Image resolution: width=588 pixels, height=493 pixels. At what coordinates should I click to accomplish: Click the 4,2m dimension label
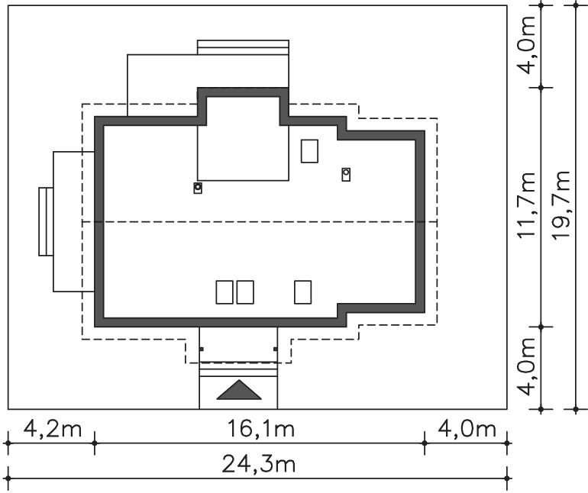(x=53, y=429)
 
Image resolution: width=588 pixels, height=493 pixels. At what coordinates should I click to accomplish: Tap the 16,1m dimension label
(x=261, y=429)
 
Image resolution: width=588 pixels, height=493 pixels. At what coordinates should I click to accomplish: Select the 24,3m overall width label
(x=259, y=464)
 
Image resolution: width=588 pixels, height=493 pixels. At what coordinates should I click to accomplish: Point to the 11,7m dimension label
(x=525, y=205)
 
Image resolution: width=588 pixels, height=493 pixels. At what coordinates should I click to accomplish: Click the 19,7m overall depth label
(x=561, y=205)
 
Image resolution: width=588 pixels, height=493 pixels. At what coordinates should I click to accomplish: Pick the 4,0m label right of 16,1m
(x=467, y=429)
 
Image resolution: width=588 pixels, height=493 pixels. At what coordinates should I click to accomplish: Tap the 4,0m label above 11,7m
(x=525, y=45)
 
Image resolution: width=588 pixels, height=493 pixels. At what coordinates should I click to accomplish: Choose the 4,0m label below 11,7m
(x=525, y=366)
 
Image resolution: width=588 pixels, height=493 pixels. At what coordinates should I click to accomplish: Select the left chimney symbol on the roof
(x=198, y=188)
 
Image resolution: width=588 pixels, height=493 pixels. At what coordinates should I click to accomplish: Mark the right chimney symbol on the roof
(x=346, y=174)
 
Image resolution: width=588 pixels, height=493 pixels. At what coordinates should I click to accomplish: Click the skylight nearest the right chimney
(x=309, y=151)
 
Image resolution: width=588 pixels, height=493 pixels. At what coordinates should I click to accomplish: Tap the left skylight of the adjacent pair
(x=225, y=292)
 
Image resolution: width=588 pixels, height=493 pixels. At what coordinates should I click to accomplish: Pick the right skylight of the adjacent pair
(x=245, y=292)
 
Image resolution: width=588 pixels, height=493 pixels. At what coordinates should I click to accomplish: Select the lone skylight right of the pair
(x=302, y=292)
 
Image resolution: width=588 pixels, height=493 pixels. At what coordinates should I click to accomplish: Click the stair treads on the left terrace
(x=46, y=222)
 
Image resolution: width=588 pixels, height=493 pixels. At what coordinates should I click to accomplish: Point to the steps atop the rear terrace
(x=243, y=47)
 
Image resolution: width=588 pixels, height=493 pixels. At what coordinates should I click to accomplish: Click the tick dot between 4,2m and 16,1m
(x=95, y=443)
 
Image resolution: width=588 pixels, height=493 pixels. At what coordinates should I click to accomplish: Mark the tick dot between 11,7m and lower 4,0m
(x=541, y=327)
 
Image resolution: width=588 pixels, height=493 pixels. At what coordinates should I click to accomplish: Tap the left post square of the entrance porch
(x=202, y=349)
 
